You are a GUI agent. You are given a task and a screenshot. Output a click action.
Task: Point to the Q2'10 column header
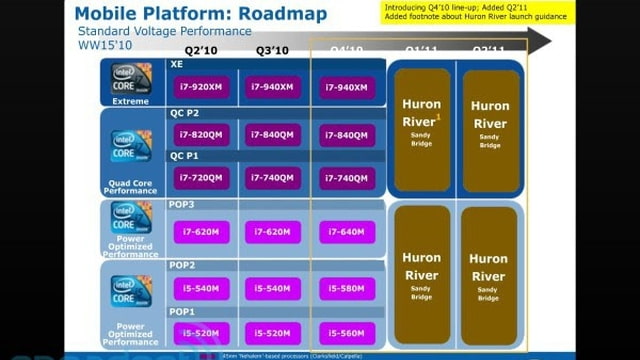point(202,49)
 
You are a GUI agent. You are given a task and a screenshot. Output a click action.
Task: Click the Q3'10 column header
point(273,49)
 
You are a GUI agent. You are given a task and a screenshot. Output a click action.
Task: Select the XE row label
point(177,64)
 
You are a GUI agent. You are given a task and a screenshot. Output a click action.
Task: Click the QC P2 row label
point(184,113)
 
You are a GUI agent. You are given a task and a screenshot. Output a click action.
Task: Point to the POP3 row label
point(182,205)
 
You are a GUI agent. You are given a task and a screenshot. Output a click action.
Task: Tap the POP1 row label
point(182,312)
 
